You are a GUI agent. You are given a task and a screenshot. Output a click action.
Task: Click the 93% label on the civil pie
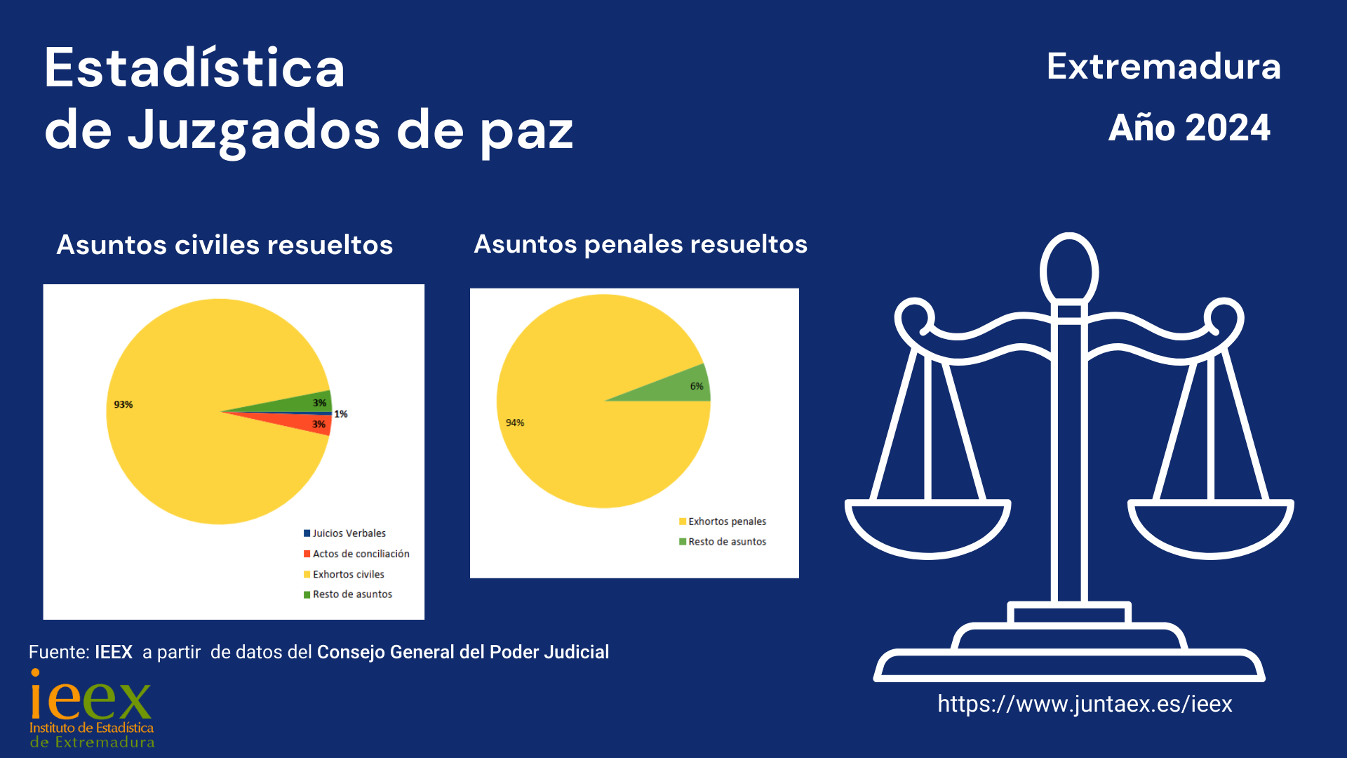pos(123,404)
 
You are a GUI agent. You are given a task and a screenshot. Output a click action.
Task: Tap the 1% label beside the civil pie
pos(341,414)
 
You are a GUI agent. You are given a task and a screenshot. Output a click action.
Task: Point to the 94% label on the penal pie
pos(515,423)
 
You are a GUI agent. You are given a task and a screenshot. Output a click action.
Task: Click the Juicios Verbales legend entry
pos(349,533)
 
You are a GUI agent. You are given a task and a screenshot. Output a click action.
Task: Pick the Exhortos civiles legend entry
pos(348,574)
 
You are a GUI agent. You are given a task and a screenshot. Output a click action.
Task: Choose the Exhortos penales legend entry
pos(727,521)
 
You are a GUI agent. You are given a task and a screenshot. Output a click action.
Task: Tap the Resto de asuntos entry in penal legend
pos(727,542)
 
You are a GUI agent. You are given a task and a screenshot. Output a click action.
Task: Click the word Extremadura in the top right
pos(1163,67)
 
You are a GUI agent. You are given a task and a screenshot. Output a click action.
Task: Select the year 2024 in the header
pos(1228,128)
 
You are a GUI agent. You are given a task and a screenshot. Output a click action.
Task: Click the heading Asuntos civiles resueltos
pos(224,245)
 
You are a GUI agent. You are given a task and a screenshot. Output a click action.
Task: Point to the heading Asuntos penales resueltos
pos(641,244)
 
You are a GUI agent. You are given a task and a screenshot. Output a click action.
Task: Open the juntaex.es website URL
pos(1085,704)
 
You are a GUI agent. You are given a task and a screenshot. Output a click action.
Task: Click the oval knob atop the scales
pos(1069,270)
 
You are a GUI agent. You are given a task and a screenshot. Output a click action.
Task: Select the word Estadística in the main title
pos(194,68)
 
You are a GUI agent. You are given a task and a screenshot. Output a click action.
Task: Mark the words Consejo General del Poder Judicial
pos(463,652)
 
